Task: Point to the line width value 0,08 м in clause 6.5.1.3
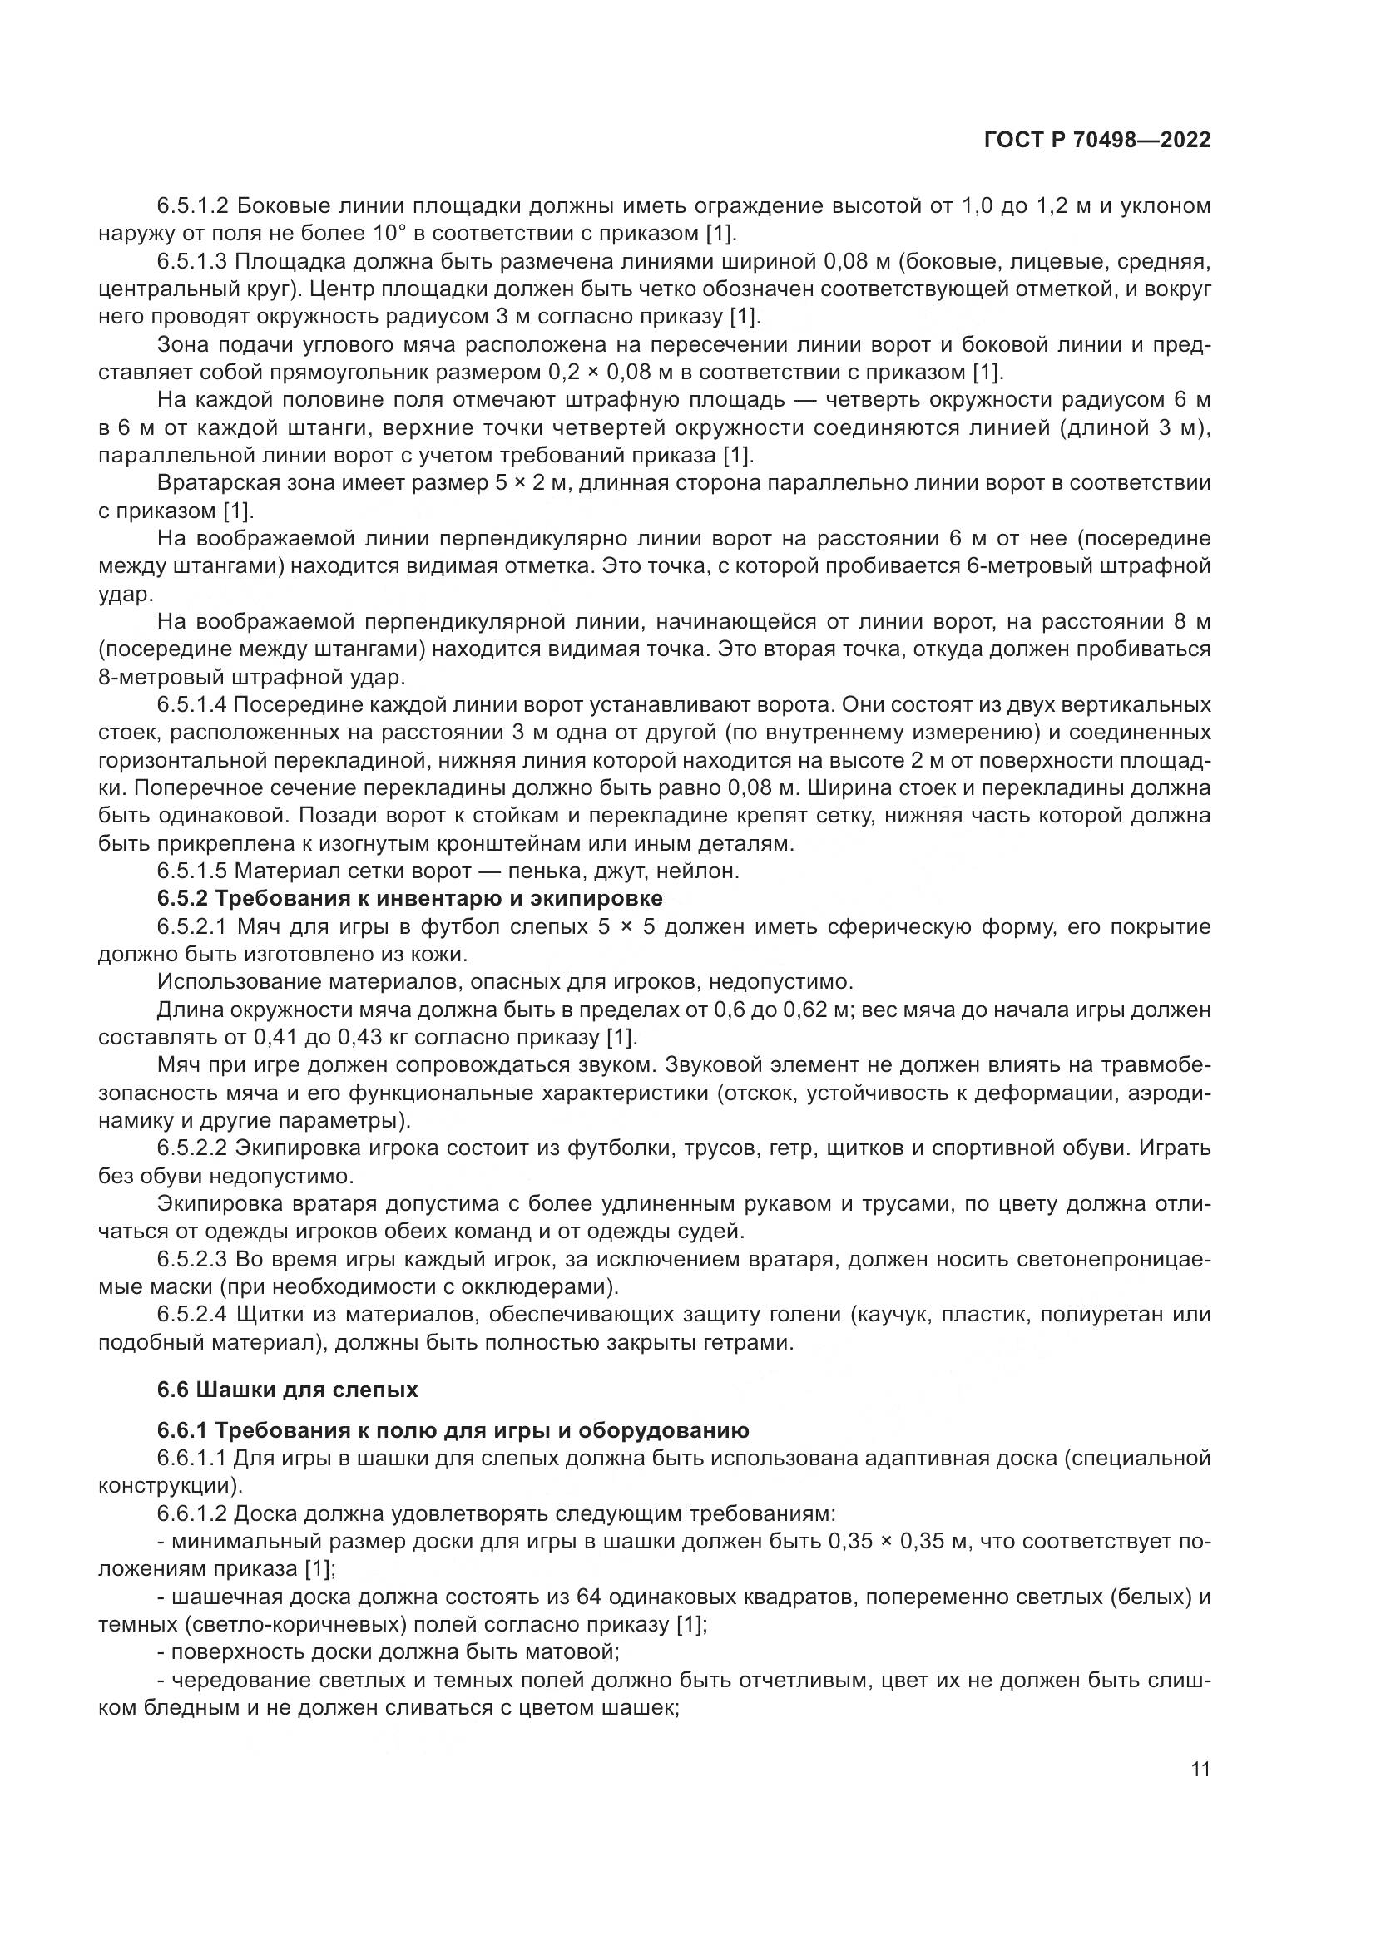pos(846,262)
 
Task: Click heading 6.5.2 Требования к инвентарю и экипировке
pos(409,898)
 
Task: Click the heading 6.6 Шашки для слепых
pos(287,1390)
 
